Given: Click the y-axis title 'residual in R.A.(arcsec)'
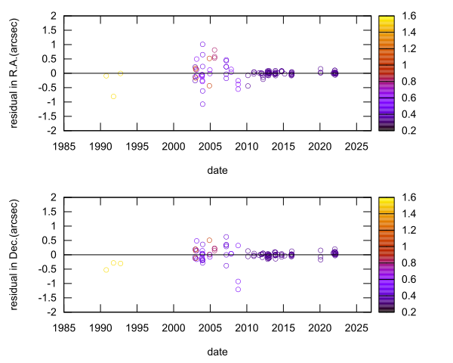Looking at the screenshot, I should (x=15, y=73).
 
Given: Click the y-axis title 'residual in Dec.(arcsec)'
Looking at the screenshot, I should (x=15, y=254).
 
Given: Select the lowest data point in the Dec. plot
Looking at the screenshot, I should (x=238, y=289).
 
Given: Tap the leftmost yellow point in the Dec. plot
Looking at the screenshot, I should (x=106, y=270).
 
